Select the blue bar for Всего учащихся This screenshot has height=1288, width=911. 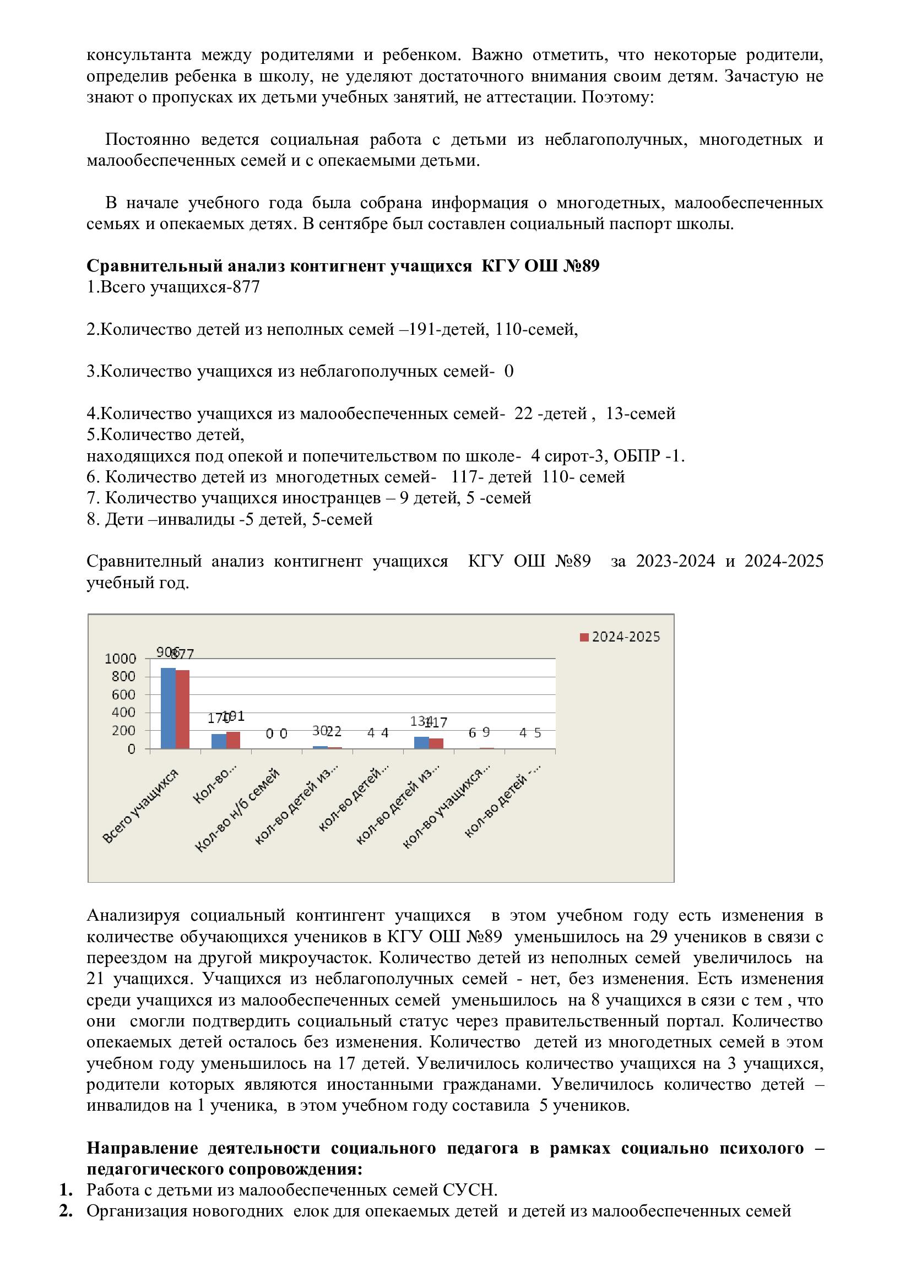point(169,708)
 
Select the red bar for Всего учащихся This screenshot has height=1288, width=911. point(183,709)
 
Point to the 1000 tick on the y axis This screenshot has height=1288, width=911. point(121,659)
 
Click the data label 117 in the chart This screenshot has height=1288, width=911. point(436,722)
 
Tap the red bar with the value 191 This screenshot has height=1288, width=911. point(234,740)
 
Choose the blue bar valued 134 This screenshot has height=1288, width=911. point(421,742)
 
